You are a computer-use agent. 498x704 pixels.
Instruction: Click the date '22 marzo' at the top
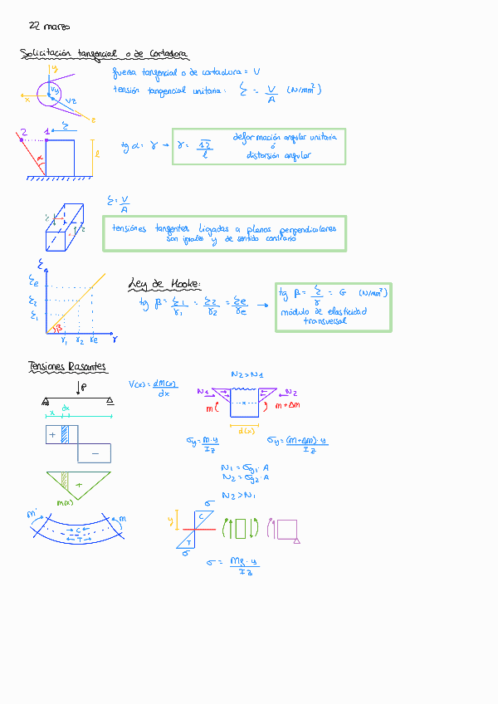click(x=49, y=27)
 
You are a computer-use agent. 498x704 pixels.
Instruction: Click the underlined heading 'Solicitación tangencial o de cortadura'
click(x=104, y=55)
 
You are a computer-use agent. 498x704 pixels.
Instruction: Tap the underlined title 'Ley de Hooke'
click(x=164, y=284)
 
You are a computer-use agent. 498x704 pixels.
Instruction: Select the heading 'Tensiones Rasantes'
click(x=66, y=366)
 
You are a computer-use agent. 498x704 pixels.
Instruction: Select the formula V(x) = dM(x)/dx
click(x=149, y=388)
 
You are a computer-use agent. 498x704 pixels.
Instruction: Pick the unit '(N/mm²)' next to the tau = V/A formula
click(x=304, y=90)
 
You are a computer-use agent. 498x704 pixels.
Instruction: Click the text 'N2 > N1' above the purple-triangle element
click(x=247, y=375)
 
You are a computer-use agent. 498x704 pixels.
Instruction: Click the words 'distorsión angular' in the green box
click(x=278, y=155)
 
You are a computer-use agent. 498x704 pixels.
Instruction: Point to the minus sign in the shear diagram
click(x=95, y=453)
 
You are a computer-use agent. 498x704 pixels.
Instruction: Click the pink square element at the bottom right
click(x=287, y=529)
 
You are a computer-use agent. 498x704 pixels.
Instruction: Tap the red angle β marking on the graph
click(x=58, y=327)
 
